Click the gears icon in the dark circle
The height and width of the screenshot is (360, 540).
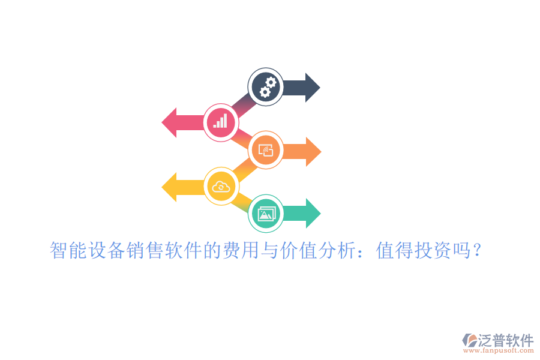268,87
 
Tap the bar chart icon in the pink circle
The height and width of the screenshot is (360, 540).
220,121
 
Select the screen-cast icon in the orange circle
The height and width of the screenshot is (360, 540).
266,150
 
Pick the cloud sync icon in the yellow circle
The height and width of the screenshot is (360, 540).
221,187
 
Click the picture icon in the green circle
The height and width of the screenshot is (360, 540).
266,214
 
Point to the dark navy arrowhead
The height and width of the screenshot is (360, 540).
313,88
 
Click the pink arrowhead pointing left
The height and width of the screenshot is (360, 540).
169,122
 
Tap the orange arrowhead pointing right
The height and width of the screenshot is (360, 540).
313,152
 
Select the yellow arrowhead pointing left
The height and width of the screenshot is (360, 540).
169,187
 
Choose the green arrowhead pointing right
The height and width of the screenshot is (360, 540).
313,213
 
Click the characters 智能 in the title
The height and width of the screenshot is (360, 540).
68,250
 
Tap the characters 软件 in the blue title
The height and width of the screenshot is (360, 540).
183,250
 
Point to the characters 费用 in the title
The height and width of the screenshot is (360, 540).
241,250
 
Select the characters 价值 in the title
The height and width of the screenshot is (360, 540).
299,250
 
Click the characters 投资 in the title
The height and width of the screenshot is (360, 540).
433,250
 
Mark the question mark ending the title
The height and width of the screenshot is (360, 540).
477,250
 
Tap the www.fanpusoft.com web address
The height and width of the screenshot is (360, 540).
499,350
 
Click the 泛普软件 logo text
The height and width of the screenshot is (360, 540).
506,340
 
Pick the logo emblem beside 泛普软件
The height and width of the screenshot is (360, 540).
470,340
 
